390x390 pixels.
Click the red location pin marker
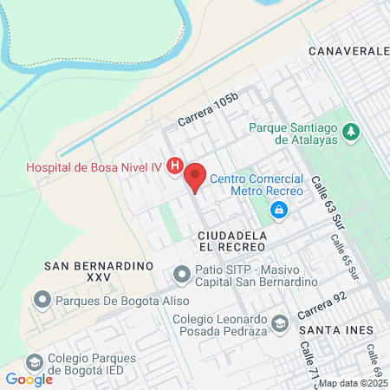click(195, 176)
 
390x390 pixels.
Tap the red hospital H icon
click(175, 165)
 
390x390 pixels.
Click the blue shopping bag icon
click(278, 210)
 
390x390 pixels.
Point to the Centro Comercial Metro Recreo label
click(257, 184)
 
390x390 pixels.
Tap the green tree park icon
click(351, 132)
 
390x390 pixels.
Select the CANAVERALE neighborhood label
click(349, 52)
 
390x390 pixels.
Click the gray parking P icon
click(181, 275)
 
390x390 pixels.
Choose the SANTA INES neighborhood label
click(336, 330)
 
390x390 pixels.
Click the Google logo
click(29, 379)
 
